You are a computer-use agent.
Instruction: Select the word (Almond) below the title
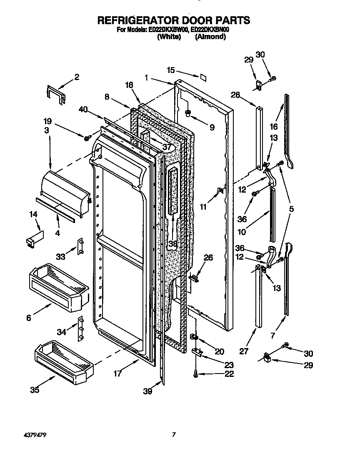[210, 37]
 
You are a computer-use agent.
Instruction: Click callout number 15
[171, 70]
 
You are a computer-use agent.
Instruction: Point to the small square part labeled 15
[203, 77]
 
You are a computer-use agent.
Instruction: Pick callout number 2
[77, 77]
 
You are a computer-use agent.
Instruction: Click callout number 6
[28, 318]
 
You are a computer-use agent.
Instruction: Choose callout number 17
[118, 374]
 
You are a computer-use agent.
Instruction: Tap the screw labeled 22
[195, 375]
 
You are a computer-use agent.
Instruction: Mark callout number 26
[208, 258]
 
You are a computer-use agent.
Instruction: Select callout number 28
[235, 95]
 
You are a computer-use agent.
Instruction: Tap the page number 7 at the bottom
[174, 435]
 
